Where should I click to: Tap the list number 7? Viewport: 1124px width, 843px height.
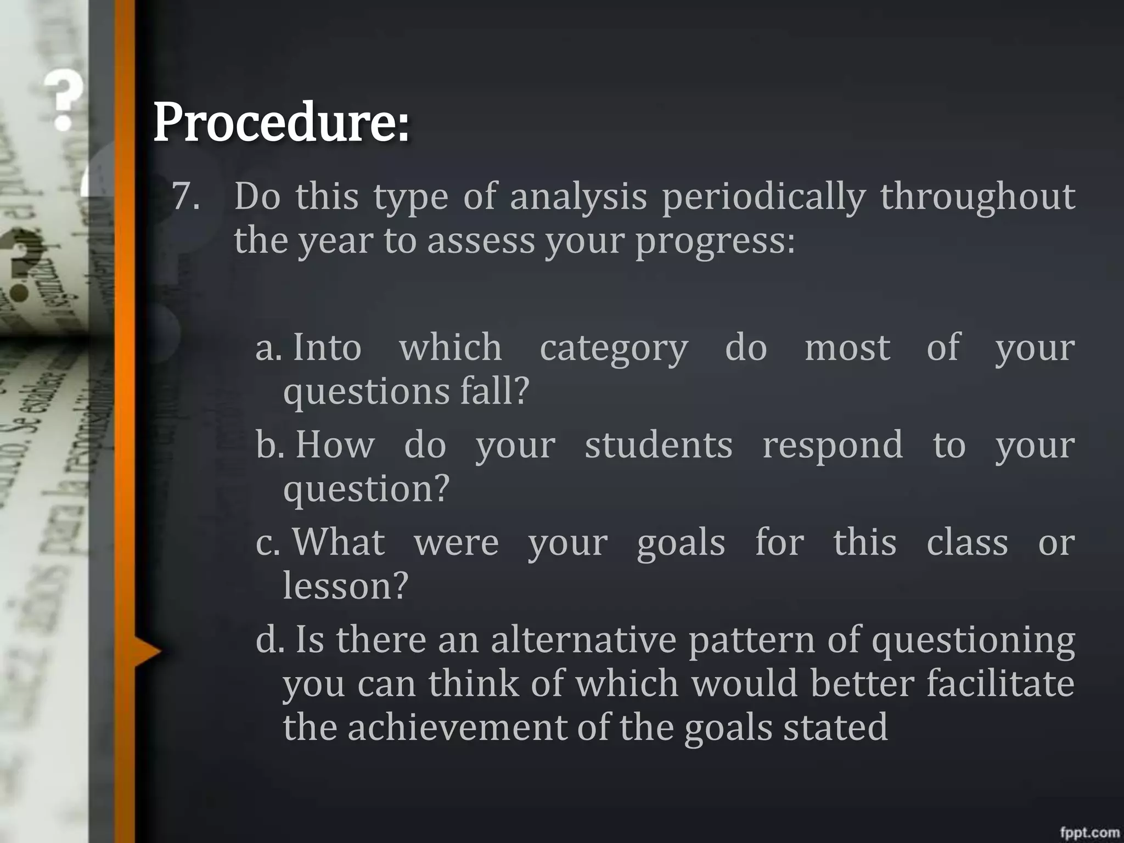tap(186, 196)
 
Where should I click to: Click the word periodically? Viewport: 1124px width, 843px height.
tap(763, 197)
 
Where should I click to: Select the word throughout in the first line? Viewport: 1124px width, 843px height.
tap(977, 197)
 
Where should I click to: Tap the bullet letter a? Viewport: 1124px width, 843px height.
tap(268, 348)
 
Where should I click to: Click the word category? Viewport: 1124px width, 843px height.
tap(614, 349)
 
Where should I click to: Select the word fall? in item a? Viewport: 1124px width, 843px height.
tap(494, 391)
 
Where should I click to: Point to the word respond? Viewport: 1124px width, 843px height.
tap(833, 446)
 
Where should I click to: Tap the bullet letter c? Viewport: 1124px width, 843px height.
tap(267, 543)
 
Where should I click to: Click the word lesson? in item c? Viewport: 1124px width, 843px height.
tap(346, 586)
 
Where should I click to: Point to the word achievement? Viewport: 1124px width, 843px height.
tap(456, 727)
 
